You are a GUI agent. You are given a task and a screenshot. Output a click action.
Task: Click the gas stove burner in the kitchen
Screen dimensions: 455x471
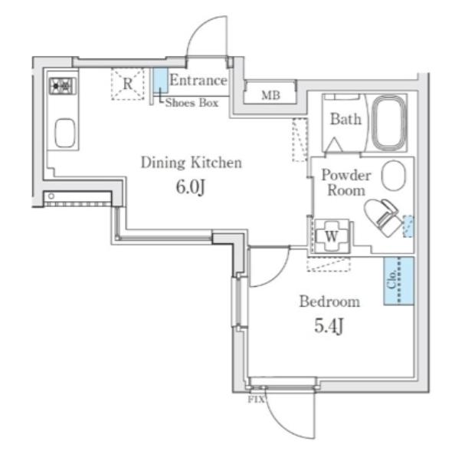pyautogui.click(x=63, y=86)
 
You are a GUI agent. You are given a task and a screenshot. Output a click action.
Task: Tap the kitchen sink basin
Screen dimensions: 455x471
pyautogui.click(x=65, y=133)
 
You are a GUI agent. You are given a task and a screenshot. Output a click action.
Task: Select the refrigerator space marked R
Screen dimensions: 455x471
pyautogui.click(x=128, y=84)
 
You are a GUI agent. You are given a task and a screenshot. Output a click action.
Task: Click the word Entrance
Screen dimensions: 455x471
pyautogui.click(x=198, y=81)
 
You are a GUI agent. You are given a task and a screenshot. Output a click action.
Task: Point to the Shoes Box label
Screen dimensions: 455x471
pyautogui.click(x=192, y=103)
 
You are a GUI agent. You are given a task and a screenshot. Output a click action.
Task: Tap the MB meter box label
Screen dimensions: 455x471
pyautogui.click(x=271, y=96)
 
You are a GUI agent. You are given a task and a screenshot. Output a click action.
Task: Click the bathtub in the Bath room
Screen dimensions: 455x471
pyautogui.click(x=389, y=123)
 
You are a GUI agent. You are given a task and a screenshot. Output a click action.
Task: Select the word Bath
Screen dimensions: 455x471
pyautogui.click(x=345, y=119)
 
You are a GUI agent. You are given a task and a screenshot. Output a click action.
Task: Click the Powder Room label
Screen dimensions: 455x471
pyautogui.click(x=346, y=183)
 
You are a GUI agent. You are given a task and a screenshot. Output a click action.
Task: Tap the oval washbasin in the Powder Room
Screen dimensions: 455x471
pyautogui.click(x=393, y=176)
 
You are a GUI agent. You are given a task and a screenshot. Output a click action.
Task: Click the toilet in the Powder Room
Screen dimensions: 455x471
pyautogui.click(x=383, y=217)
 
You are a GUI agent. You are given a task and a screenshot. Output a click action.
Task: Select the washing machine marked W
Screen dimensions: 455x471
pyautogui.click(x=332, y=236)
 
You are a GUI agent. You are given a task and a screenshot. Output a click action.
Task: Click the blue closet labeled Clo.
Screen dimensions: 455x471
pyautogui.click(x=398, y=282)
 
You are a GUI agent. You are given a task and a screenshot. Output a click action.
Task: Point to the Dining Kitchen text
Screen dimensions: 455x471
pyautogui.click(x=191, y=163)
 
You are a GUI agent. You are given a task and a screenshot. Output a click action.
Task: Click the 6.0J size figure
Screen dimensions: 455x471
pyautogui.click(x=191, y=187)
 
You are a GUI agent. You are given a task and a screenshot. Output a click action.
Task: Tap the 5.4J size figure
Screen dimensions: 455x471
pyautogui.click(x=329, y=326)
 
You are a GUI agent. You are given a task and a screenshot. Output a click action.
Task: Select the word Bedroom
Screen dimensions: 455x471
pyautogui.click(x=329, y=301)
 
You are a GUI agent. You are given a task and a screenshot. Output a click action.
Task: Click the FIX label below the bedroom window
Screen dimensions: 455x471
pyautogui.click(x=257, y=400)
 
